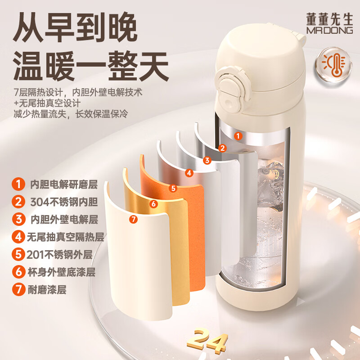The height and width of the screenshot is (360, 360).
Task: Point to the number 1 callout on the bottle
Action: coord(238,136)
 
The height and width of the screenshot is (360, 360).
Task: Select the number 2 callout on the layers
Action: coord(222,148)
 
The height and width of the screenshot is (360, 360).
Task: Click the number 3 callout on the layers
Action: coord(207,160)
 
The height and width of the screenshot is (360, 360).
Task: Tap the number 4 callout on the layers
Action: coord(189,173)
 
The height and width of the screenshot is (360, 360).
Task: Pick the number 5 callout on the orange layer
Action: coord(173,188)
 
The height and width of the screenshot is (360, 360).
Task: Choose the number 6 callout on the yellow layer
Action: coord(153,203)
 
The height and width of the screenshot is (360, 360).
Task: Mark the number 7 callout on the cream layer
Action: coord(133,219)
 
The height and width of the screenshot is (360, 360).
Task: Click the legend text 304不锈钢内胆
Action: coord(64,202)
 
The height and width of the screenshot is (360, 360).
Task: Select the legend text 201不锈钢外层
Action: coord(59,255)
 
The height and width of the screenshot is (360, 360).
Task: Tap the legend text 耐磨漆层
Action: coord(47,290)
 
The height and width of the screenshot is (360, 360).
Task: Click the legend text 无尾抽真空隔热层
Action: coord(66,237)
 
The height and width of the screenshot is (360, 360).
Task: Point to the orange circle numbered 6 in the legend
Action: coord(18,272)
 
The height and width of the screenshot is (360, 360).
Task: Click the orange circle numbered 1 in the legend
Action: coord(18,184)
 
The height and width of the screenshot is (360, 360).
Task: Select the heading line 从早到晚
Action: coord(75,27)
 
